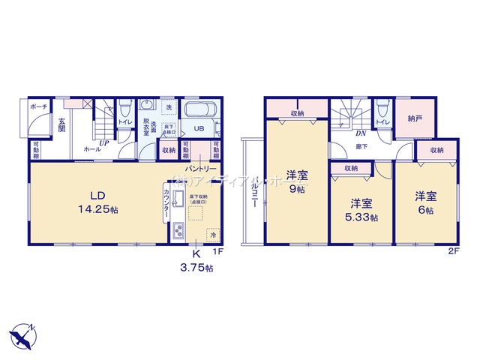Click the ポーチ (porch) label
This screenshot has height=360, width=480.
point(39,107)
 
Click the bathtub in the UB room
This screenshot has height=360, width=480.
point(199,111)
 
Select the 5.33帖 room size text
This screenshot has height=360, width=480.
point(361,217)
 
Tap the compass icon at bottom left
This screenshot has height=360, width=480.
point(22,334)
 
